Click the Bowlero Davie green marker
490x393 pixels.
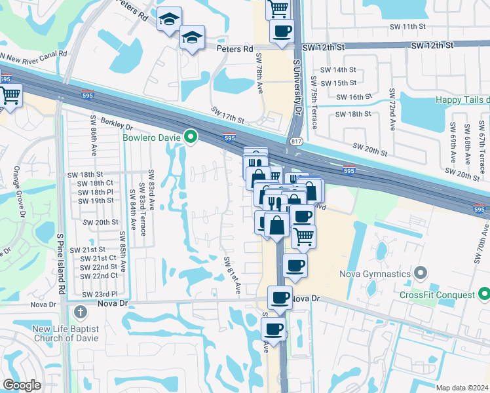[191, 137]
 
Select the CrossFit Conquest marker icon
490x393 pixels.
[483, 295]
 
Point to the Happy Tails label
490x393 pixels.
[462, 100]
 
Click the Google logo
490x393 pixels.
[22, 386]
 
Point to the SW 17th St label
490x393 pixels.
[227, 116]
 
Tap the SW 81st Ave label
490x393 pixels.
[231, 275]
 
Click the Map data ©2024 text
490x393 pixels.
[462, 388]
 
